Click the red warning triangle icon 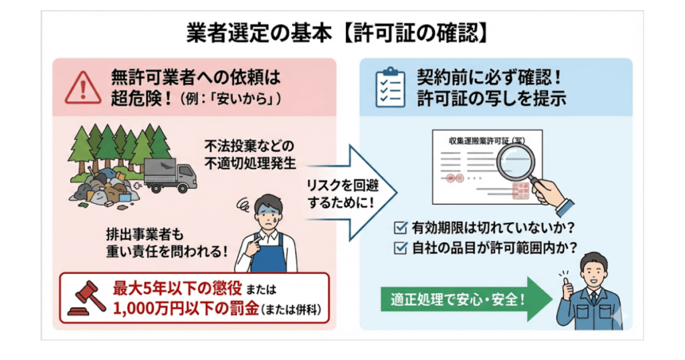[84, 87]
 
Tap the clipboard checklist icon [389, 87]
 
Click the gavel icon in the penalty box [86, 298]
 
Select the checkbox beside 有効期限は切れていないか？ [401, 228]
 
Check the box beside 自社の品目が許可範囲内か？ [401, 248]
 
